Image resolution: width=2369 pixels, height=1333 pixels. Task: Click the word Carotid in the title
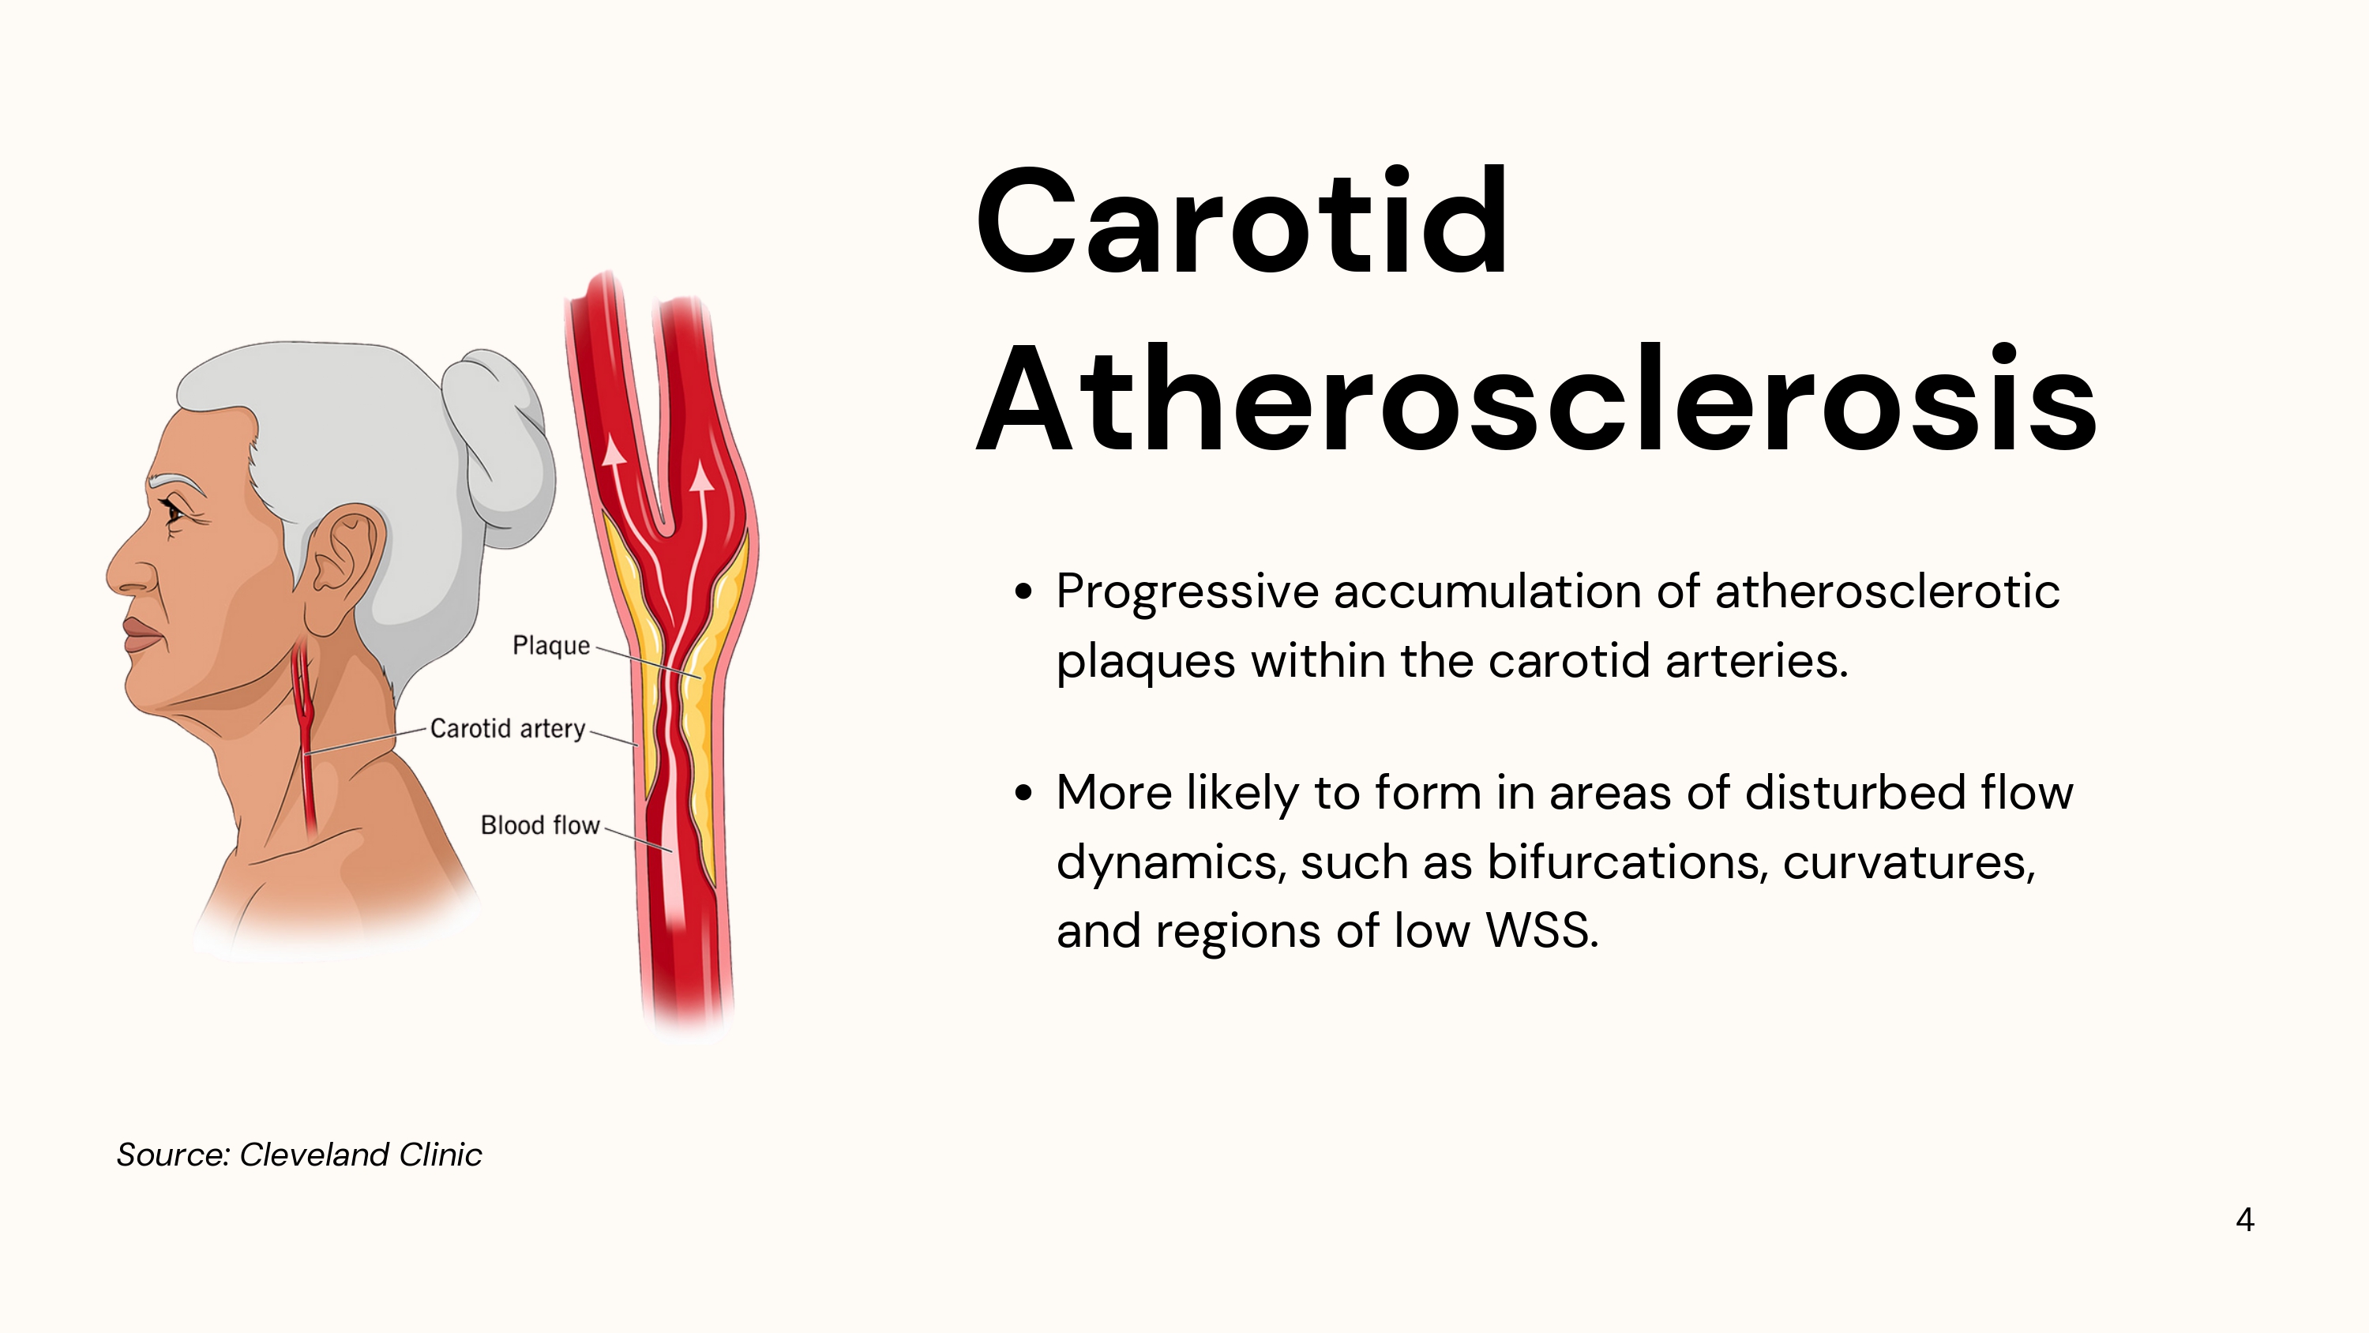click(x=1241, y=222)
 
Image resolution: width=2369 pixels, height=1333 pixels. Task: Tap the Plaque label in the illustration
click(x=551, y=646)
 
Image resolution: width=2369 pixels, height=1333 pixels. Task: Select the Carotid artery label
click(x=508, y=729)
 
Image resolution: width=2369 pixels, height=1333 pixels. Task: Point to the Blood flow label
click(x=540, y=825)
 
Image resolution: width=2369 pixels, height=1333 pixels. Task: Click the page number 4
click(x=2245, y=1220)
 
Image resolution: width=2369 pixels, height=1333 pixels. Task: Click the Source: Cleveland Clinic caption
click(x=298, y=1155)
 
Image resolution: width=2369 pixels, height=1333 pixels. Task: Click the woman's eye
click(x=172, y=513)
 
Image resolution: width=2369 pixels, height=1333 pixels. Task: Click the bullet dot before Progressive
click(x=1023, y=591)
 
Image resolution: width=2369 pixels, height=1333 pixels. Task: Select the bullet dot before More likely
click(x=1023, y=793)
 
